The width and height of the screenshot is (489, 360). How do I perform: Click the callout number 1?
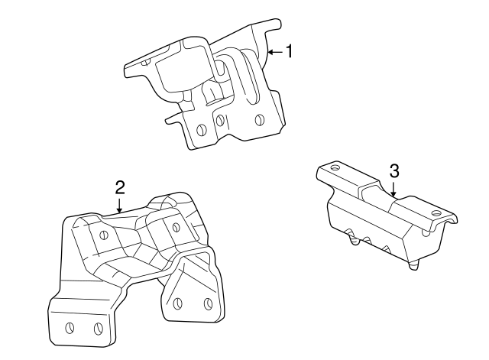tap(290, 51)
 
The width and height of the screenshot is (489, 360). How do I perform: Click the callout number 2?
tap(120, 187)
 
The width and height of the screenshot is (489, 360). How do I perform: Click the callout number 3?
tap(394, 171)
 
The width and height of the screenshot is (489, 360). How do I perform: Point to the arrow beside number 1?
tap(275, 52)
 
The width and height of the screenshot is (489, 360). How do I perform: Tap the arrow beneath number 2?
tap(119, 206)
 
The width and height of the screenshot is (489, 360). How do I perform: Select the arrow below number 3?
tap(393, 189)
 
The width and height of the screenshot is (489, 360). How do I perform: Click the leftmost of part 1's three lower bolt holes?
tap(202, 130)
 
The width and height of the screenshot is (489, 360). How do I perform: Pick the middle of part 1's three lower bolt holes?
tap(221, 120)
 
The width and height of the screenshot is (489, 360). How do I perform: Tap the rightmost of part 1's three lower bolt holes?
tap(259, 120)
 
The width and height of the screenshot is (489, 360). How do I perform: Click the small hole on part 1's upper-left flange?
tap(145, 62)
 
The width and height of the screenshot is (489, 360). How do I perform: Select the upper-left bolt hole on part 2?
tap(103, 235)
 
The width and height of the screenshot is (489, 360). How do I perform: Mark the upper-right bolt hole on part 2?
tap(176, 227)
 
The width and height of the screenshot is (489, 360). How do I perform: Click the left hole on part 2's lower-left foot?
tap(70, 328)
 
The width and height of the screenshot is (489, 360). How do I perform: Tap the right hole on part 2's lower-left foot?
tap(99, 328)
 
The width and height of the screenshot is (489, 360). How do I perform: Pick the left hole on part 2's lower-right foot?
tap(178, 303)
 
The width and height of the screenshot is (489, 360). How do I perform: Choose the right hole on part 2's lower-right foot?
tap(208, 303)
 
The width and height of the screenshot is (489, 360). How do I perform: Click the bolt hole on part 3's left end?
tap(335, 167)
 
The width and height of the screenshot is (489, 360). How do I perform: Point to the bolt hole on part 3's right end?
tap(436, 213)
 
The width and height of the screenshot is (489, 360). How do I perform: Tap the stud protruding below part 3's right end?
tap(413, 264)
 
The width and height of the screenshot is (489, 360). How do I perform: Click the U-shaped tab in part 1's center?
tap(213, 93)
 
